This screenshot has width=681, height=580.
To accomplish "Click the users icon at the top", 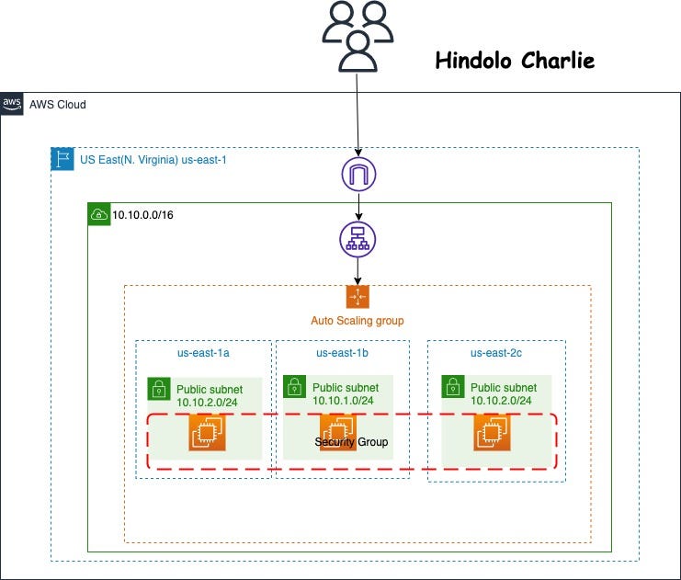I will [358, 36].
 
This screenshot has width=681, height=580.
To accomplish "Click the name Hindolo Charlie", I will [515, 62].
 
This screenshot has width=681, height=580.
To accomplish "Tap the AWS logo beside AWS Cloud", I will [13, 104].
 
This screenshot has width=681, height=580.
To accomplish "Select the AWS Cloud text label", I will [58, 105].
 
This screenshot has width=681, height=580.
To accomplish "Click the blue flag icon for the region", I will [62, 159].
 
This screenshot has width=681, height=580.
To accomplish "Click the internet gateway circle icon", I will [358, 174].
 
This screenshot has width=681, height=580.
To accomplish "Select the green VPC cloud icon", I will [98, 214].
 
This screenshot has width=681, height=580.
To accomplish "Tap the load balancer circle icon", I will [358, 241].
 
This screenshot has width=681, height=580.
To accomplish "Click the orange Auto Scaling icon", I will [358, 297].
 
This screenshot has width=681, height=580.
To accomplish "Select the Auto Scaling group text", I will [358, 321].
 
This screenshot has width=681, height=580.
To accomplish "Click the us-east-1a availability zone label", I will [204, 352].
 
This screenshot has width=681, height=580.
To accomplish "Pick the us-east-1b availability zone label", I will [343, 352].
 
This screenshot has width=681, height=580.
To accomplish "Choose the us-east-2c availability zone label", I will [497, 352].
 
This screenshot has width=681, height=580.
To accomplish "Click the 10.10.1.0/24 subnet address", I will [343, 400].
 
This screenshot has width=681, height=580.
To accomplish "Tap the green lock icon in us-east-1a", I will [159, 387].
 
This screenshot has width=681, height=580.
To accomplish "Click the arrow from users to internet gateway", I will [358, 110].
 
